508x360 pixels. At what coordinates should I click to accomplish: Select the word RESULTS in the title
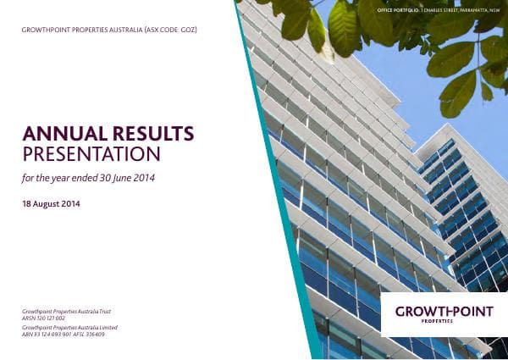point(149,134)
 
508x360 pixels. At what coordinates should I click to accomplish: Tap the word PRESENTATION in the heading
point(91,153)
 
